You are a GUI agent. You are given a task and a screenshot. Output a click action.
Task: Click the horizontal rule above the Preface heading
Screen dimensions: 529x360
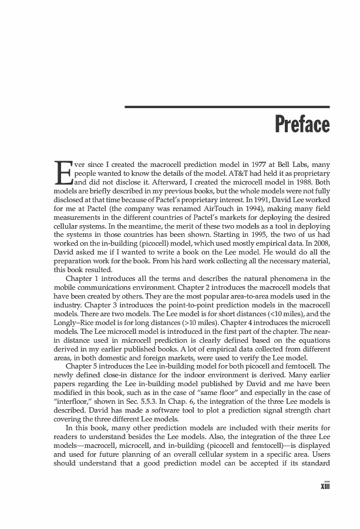point(227,107)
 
